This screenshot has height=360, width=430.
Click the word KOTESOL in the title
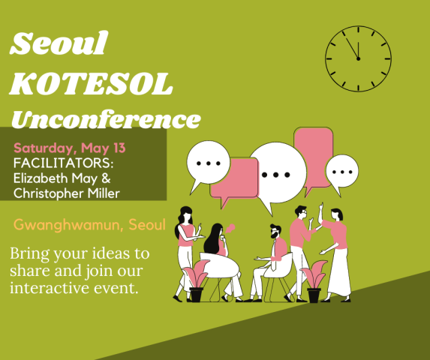tap(91, 84)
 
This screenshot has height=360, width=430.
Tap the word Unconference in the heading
tap(106, 119)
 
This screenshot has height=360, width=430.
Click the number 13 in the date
tap(119, 148)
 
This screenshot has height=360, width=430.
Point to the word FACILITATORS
tap(63, 163)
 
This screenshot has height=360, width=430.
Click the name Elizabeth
tap(41, 178)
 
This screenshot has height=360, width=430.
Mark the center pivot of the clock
tap(358, 58)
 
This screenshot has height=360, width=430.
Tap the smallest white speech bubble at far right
tap(342, 172)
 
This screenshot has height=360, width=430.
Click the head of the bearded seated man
tap(275, 232)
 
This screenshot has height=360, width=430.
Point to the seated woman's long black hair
tap(213, 239)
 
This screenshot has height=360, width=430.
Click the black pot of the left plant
tap(197, 295)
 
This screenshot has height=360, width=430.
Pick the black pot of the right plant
tap(314, 295)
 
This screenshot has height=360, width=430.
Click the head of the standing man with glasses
tap(301, 212)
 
